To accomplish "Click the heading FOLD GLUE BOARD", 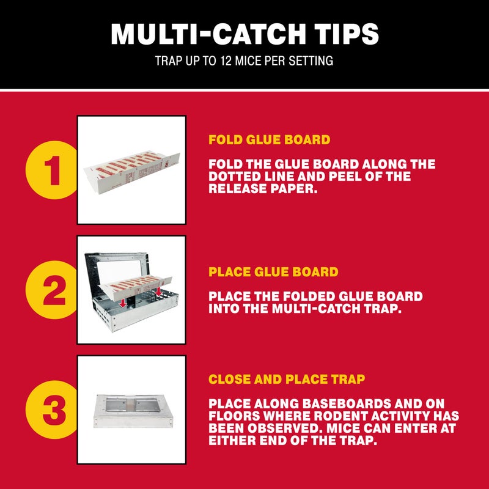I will [x=269, y=140].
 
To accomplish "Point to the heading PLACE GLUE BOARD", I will [x=273, y=271].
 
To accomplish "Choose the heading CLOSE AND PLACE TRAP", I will [x=287, y=380].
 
